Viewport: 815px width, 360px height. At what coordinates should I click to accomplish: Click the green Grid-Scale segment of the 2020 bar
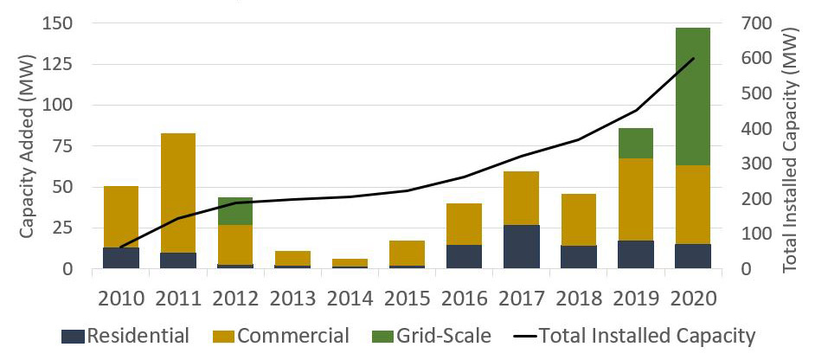point(692,96)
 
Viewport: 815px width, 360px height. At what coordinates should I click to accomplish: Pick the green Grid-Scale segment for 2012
point(235,211)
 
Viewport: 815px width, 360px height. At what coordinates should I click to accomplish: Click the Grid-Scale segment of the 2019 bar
point(635,143)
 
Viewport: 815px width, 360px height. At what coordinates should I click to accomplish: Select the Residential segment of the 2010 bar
point(121,258)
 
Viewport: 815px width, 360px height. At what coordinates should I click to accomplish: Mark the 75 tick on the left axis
point(64,146)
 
